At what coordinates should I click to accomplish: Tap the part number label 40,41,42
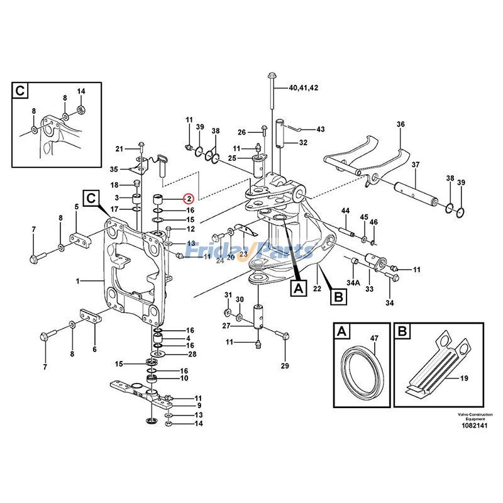tap(304, 87)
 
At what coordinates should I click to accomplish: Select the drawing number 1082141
tap(475, 426)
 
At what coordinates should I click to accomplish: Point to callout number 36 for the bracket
tap(401, 124)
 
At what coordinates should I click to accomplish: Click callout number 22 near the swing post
tap(317, 289)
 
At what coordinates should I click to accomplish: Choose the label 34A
tap(353, 282)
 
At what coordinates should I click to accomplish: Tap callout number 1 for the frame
tap(77, 281)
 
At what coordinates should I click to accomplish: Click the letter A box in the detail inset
tap(341, 331)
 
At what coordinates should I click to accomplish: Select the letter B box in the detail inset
tap(402, 331)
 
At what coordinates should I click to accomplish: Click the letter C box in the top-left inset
tap(20, 91)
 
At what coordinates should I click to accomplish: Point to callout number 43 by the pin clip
tap(321, 129)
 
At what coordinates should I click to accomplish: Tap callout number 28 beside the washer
tap(192, 354)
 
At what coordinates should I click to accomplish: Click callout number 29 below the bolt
tap(285, 366)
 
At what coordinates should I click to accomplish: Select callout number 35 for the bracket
tap(114, 169)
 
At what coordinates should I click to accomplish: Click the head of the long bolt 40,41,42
tap(271, 76)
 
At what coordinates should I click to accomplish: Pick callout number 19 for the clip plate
tap(464, 379)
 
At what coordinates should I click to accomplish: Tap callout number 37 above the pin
tap(416, 165)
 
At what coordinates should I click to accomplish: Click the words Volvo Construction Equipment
tap(475, 417)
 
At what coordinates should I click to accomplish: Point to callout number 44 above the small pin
tap(345, 211)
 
